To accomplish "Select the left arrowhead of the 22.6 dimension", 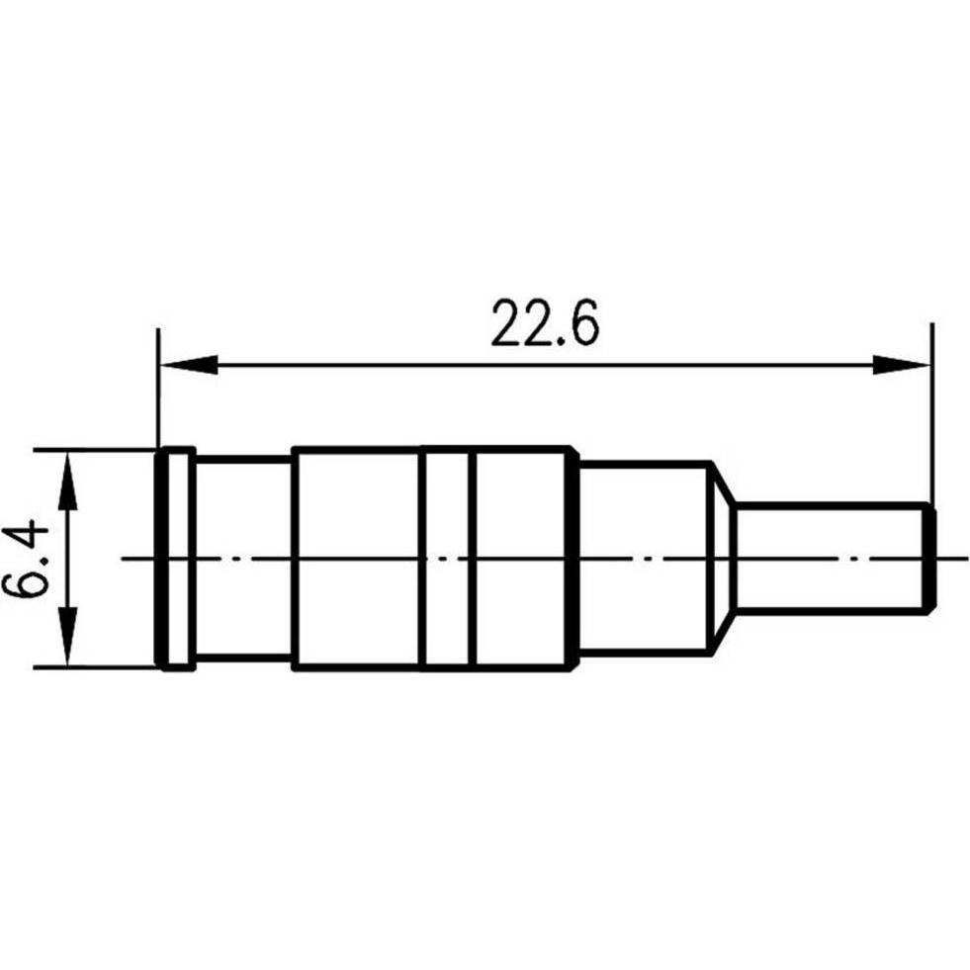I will pos(188,365).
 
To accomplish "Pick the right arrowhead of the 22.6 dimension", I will pos(902,365).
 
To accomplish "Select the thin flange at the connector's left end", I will pos(176,559).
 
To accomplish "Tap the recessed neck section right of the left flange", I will pos(243,559).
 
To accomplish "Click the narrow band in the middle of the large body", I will pos(449,559).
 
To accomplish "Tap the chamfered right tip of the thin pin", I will pos(931,559).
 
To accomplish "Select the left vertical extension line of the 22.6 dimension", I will pos(158,396).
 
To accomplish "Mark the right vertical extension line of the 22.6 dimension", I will pos(931,415).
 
